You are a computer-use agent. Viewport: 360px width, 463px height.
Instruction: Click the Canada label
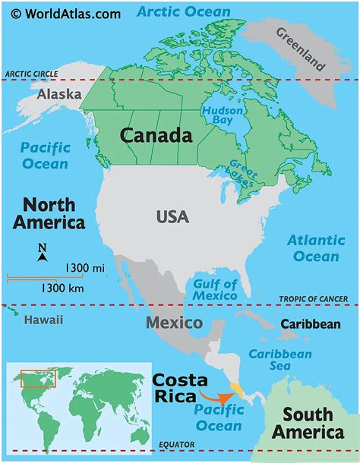click(x=156, y=136)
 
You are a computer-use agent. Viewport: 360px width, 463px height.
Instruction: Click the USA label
click(x=173, y=217)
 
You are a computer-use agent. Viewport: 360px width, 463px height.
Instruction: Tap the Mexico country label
click(x=174, y=323)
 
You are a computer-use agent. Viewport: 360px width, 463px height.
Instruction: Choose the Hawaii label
click(x=44, y=320)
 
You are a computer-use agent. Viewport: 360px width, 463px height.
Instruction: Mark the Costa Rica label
click(x=177, y=387)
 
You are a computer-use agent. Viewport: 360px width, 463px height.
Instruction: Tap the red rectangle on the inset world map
click(x=38, y=378)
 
